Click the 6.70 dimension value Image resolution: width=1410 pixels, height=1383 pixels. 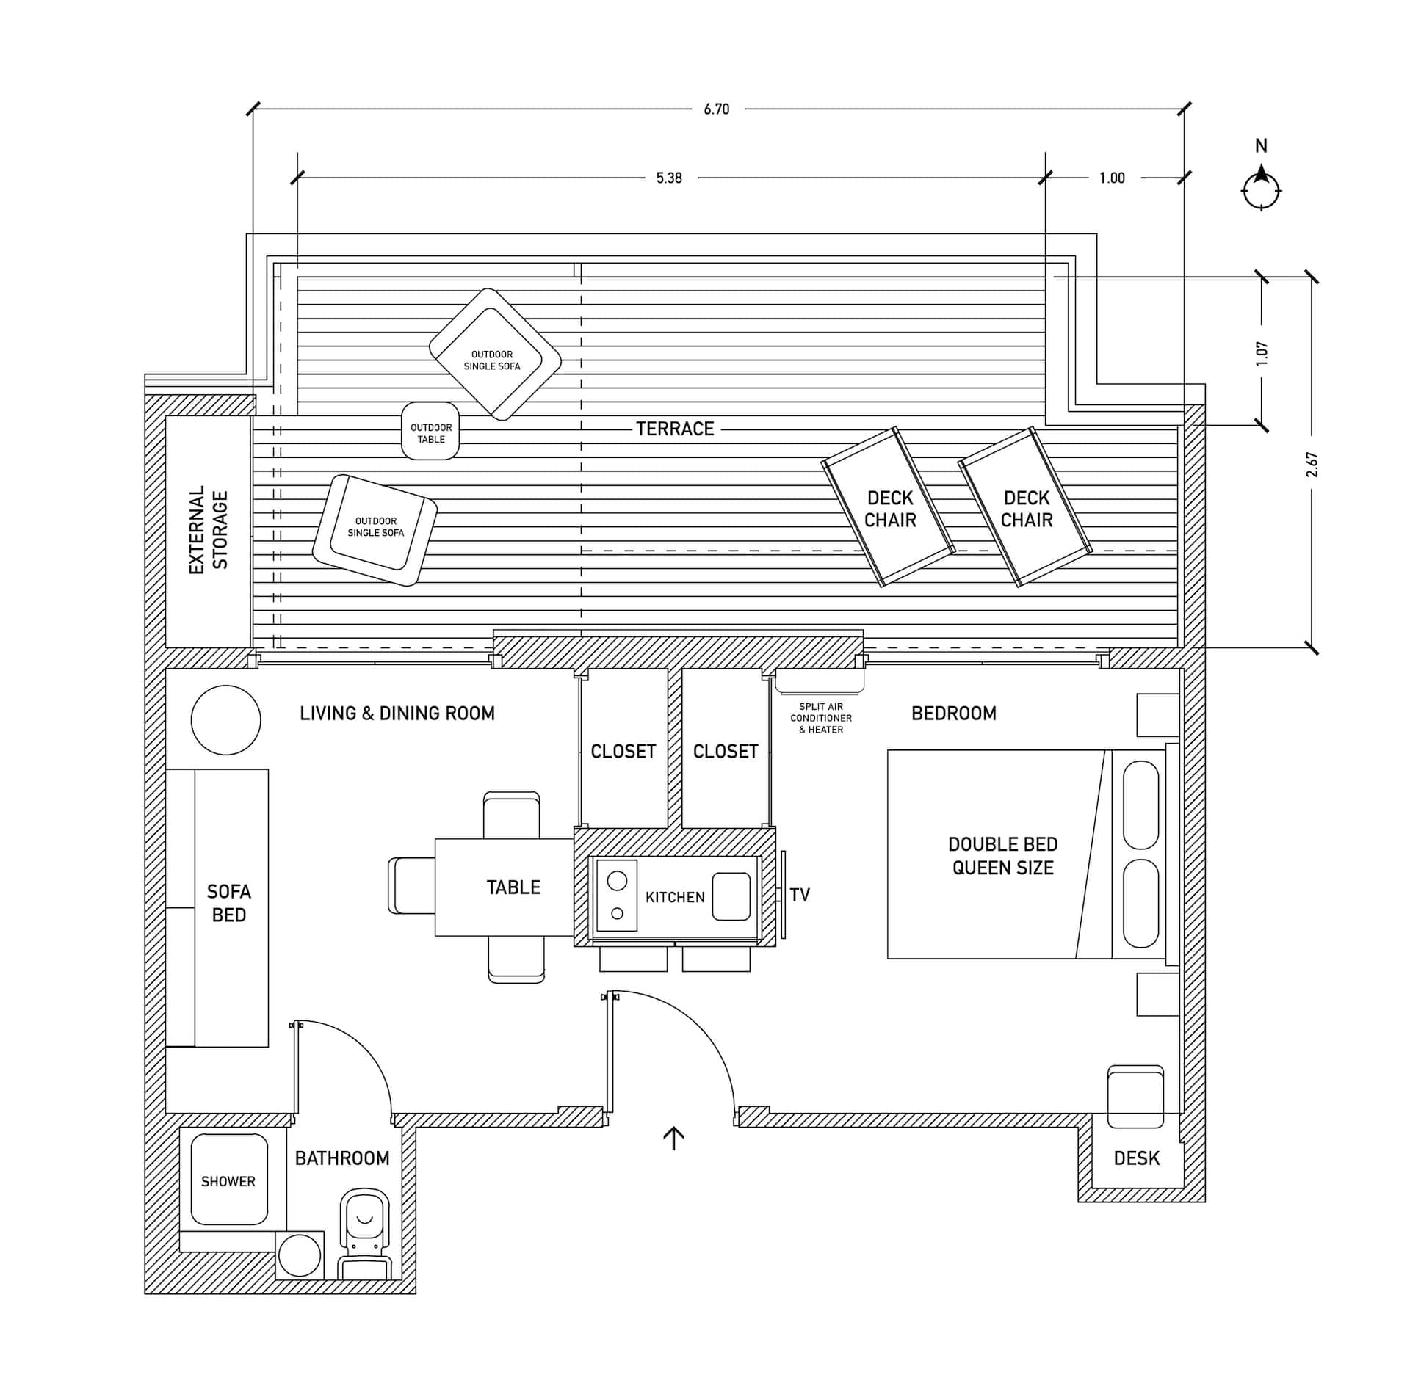[x=716, y=109]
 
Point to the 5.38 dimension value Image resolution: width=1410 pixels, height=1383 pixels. [x=669, y=178]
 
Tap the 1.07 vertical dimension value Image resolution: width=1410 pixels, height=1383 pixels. [x=1262, y=354]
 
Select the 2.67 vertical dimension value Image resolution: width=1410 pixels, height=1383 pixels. [x=1312, y=465]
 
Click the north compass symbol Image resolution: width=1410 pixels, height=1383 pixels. [x=1261, y=189]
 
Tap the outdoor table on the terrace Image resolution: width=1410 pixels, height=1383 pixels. [x=430, y=431]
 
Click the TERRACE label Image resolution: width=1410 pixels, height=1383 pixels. [x=675, y=429]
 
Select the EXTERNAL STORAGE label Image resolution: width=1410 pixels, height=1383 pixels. [x=209, y=529]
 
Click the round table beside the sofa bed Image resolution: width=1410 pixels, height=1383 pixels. [x=225, y=720]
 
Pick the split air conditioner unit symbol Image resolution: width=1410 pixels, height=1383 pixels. [x=820, y=682]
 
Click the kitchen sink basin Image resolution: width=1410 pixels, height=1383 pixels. [x=731, y=896]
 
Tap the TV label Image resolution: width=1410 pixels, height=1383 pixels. [x=800, y=894]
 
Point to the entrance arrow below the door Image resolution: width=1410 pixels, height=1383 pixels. [x=673, y=1138]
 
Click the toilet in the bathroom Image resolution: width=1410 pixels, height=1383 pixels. [x=364, y=1235]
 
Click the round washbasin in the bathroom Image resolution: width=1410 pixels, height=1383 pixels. [x=300, y=1255]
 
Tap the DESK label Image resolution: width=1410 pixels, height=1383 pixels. [x=1137, y=1158]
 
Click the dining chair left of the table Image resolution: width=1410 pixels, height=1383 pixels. [x=412, y=885]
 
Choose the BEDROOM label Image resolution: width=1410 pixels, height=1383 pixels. [x=954, y=714]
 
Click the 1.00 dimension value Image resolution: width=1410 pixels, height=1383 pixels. [x=1112, y=178]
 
